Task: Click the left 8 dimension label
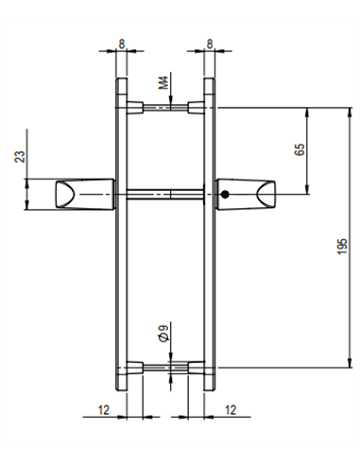[122, 43]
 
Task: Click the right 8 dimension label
[210, 43]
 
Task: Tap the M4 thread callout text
[163, 82]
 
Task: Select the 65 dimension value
[300, 149]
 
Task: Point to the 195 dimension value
[342, 247]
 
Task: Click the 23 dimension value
[20, 157]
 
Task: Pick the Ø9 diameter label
[163, 334]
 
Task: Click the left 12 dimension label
[104, 410]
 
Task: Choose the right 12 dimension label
[231, 410]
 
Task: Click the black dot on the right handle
[225, 195]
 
